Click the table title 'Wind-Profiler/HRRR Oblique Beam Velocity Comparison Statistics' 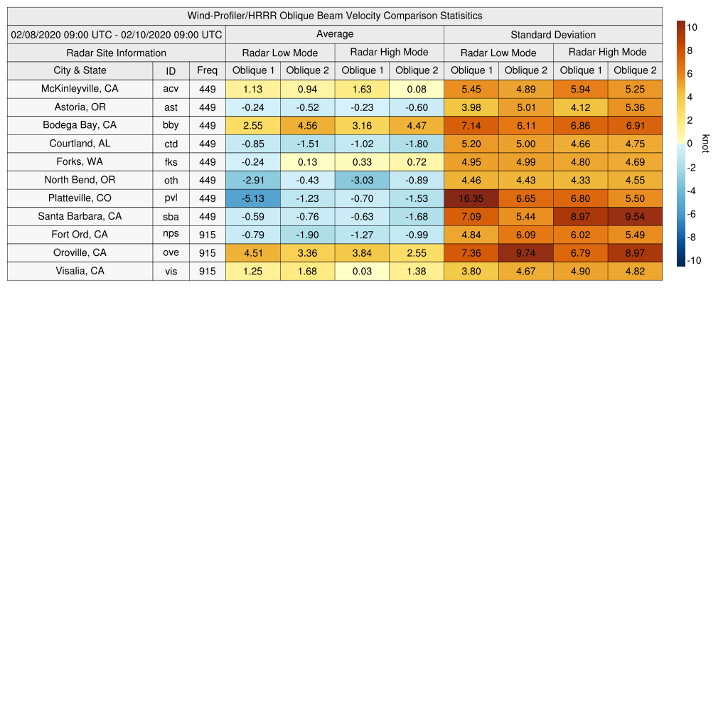click(x=335, y=16)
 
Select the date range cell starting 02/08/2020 click(x=117, y=34)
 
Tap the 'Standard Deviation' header click(x=553, y=34)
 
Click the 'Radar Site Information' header click(x=117, y=53)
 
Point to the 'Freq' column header click(x=208, y=70)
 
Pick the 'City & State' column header click(x=80, y=70)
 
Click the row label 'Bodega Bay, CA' click(x=80, y=125)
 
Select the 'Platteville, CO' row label click(x=80, y=198)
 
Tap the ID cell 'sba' click(x=171, y=217)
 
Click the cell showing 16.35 click(x=471, y=198)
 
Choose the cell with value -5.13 click(x=253, y=198)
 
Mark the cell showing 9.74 click(x=526, y=253)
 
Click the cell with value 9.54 click(x=635, y=217)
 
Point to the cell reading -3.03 click(x=362, y=180)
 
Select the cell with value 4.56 click(x=307, y=125)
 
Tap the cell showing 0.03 click(x=362, y=271)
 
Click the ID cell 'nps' click(x=171, y=235)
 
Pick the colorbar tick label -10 click(x=694, y=260)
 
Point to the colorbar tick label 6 click(x=690, y=74)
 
